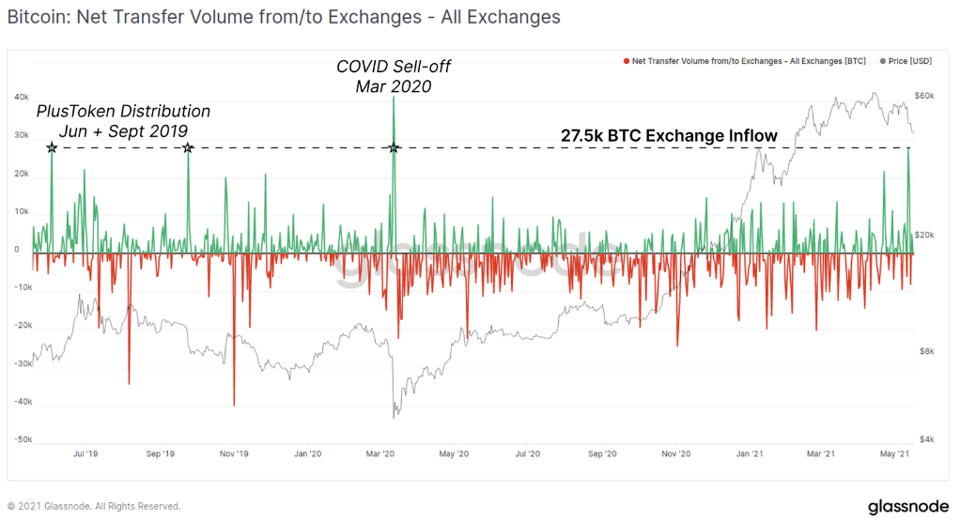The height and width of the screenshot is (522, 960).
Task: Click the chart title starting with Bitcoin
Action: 284,17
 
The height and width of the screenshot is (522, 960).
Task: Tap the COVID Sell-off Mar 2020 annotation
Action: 393,77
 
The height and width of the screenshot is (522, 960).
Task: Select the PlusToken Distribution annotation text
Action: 123,120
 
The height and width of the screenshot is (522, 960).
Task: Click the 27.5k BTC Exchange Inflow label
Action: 669,136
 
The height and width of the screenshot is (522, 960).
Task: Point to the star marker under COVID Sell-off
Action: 394,148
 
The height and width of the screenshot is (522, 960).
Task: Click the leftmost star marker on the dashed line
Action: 52,148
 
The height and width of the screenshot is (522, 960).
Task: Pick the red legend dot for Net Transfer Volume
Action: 626,61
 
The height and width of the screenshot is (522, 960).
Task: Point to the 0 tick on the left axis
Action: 16,250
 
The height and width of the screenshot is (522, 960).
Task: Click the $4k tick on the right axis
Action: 925,439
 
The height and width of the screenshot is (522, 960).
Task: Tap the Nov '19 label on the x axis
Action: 233,453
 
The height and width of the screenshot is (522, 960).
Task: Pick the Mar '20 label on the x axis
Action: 379,453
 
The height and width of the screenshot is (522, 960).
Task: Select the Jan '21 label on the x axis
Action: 749,453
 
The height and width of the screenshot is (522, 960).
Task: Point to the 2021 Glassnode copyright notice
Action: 94,506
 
